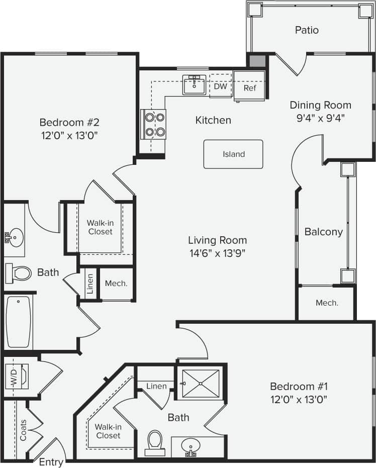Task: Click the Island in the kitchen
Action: tap(233, 154)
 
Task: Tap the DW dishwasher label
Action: tap(221, 86)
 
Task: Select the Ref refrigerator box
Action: tap(250, 87)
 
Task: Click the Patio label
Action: tap(307, 30)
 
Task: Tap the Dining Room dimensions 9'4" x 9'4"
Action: tap(320, 118)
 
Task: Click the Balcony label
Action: tap(324, 232)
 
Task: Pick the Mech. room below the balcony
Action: tap(327, 303)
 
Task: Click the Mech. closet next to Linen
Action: tap(116, 284)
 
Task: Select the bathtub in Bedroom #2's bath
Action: tap(19, 322)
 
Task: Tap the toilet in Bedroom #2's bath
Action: tap(19, 273)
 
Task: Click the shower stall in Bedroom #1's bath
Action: tap(201, 384)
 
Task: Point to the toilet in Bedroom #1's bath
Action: tap(154, 441)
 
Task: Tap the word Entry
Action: tap(51, 462)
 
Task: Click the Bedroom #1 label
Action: tap(299, 387)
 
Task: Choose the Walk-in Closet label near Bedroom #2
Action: tap(100, 227)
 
